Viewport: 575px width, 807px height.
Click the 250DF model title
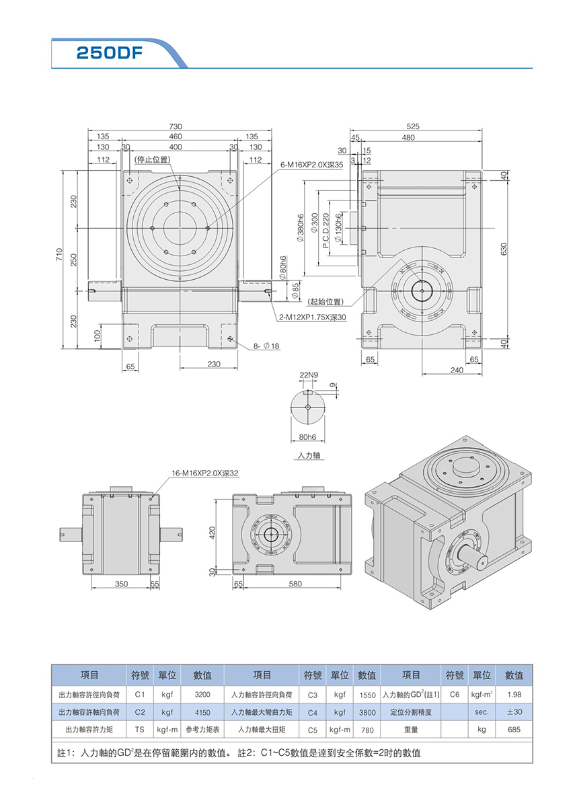pos(109,54)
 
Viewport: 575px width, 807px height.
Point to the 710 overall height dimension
pos(60,256)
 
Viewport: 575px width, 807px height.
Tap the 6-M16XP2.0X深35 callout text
pos(311,164)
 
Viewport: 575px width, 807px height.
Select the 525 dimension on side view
pos(413,126)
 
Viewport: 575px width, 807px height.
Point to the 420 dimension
pos(213,533)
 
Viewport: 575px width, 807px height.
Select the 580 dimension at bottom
pos(295,584)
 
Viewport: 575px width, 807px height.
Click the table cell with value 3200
pos(202,694)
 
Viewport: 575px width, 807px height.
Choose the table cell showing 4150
pos(202,712)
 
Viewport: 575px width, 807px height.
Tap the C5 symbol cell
pos(312,729)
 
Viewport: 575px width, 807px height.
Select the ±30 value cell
pos(514,712)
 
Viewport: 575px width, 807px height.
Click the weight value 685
pos(514,729)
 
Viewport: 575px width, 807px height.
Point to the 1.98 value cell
pos(514,694)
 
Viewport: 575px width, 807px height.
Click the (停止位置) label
pos(152,159)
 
